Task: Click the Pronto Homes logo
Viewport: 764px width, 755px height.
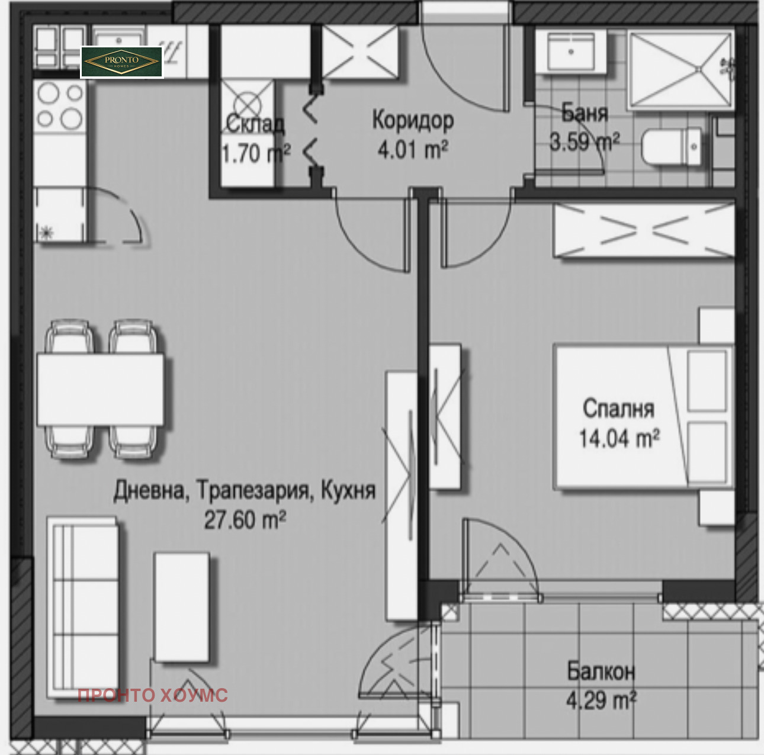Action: click(121, 62)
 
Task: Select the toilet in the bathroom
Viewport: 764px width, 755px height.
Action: click(672, 147)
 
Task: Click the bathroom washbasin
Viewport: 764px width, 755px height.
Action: click(571, 52)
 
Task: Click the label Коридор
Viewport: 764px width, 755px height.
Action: click(413, 120)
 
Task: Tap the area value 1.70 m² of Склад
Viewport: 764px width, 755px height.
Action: click(255, 154)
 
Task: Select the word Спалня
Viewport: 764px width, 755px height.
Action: click(618, 409)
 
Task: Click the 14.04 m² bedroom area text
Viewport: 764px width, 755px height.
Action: click(619, 439)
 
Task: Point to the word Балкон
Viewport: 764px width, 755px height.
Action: click(601, 671)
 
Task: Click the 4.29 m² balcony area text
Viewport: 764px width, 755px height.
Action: click(601, 701)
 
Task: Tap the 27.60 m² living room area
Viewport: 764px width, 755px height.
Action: click(245, 520)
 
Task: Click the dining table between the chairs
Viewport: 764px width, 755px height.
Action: click(100, 389)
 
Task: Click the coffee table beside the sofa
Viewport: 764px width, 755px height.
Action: click(181, 606)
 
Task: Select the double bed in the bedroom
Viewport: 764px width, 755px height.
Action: click(643, 417)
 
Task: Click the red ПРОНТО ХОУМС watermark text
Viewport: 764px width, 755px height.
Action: click(152, 695)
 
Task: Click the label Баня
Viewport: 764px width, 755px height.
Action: click(584, 113)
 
